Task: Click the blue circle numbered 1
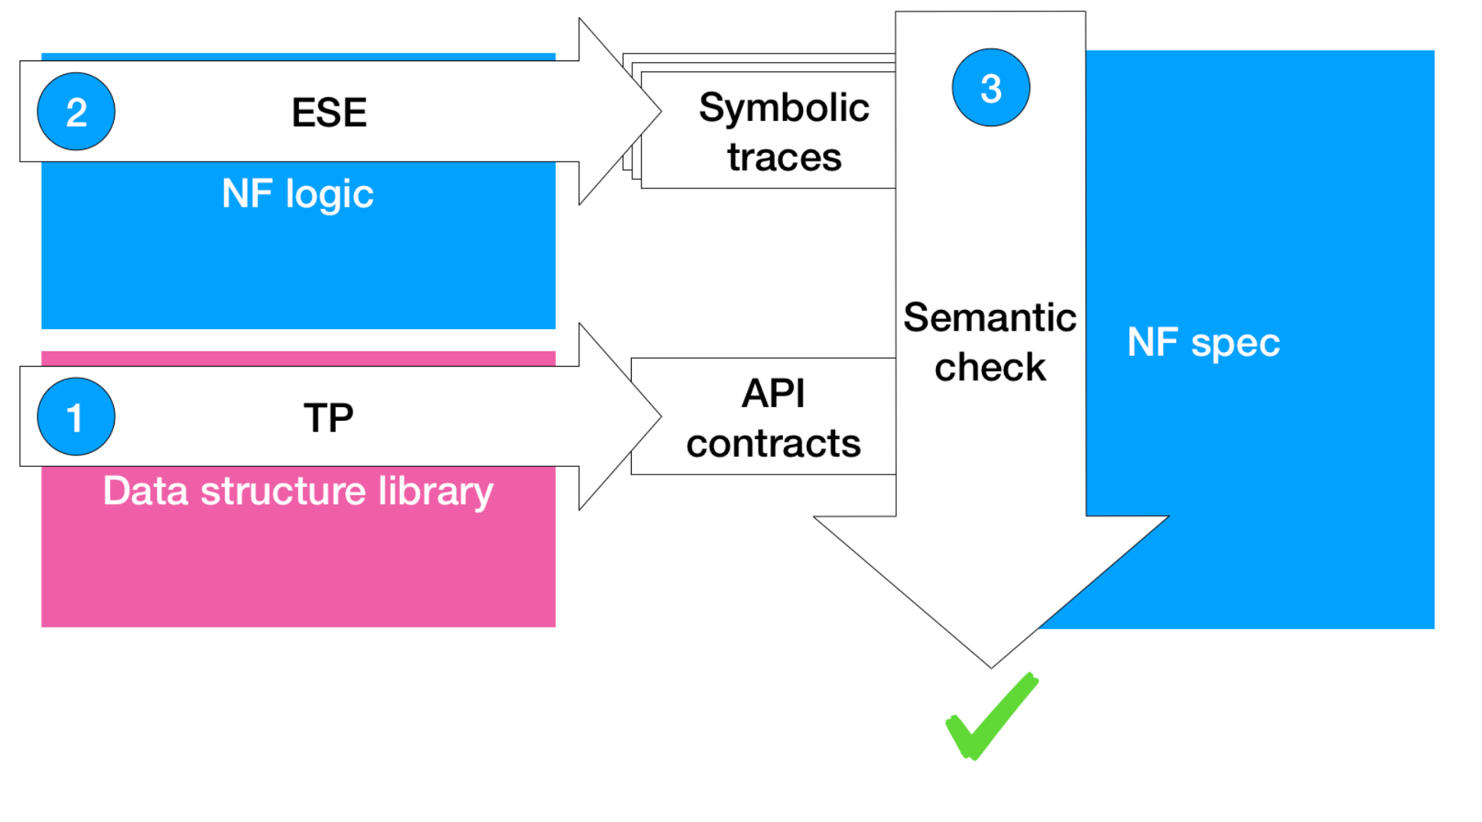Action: [x=76, y=416]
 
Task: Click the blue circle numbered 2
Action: [x=76, y=112]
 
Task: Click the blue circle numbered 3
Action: [x=991, y=87]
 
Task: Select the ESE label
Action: [x=330, y=113]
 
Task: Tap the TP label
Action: [x=329, y=418]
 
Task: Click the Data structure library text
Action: [x=298, y=491]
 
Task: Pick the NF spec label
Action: [x=1204, y=343]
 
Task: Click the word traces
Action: [x=785, y=158]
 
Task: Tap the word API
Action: [x=773, y=393]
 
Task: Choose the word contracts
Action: [x=773, y=444]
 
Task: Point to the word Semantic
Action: [x=990, y=318]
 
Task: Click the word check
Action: [x=990, y=367]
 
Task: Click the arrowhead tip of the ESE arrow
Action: [x=661, y=112]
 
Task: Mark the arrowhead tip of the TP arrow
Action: [x=661, y=416]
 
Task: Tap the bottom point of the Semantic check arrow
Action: [x=992, y=668]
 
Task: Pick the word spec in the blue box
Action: [x=1236, y=344]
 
